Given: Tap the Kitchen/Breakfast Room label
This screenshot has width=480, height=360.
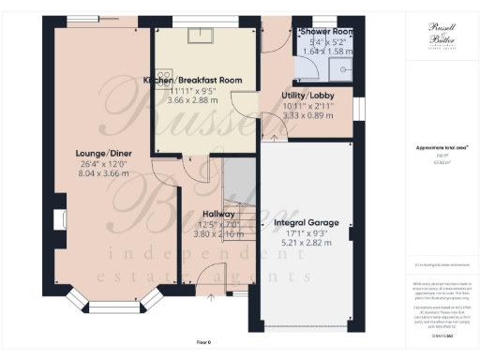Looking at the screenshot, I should coord(193,81).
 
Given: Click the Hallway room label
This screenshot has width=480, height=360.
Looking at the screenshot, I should coord(217,214).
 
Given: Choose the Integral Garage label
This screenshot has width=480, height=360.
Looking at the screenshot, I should coord(306,223).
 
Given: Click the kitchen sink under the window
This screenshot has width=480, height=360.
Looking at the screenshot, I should coord(200,37).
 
